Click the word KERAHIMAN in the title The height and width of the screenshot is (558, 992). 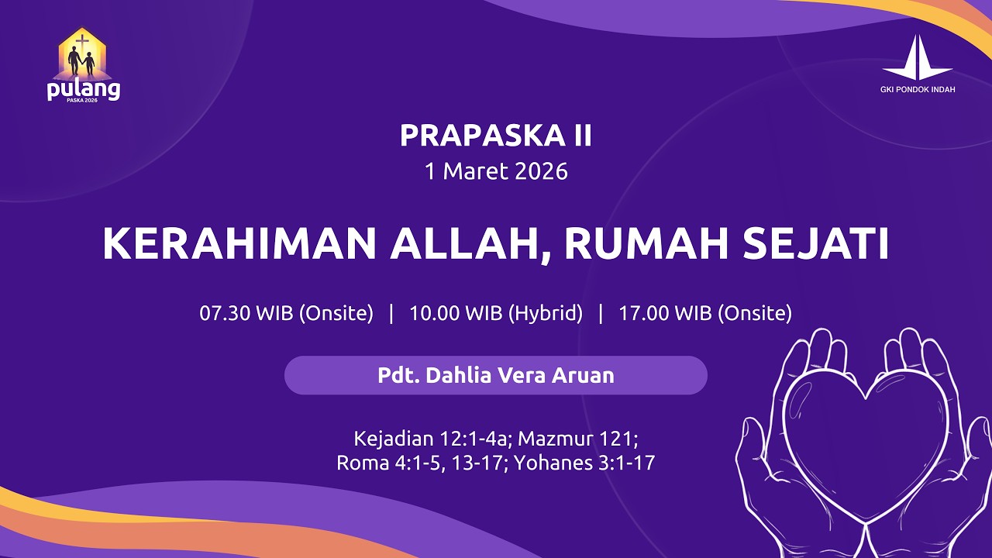coord(240,245)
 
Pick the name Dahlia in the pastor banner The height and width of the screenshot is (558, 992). coord(456,376)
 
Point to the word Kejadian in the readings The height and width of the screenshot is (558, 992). coord(394,439)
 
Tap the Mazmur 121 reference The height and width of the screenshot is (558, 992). coord(577,439)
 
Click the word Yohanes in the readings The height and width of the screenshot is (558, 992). coord(553,463)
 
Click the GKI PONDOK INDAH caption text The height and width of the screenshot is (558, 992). coord(918,90)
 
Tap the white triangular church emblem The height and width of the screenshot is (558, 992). coord(918,58)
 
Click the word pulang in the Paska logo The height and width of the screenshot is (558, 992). coord(83,90)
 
